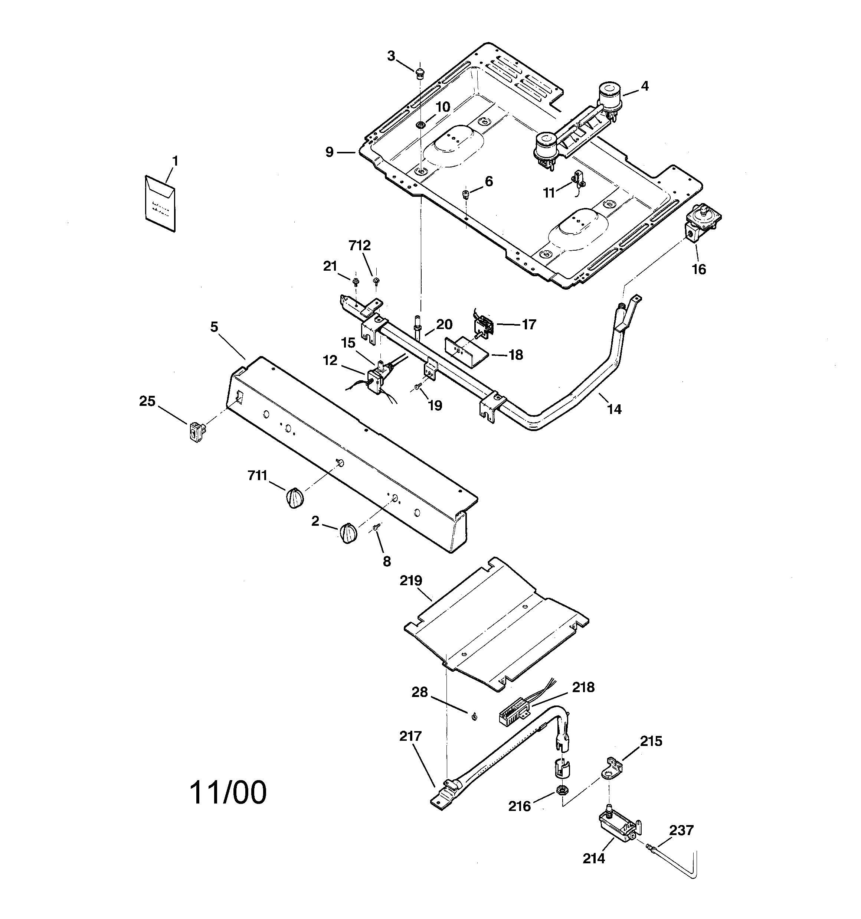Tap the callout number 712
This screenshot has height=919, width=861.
360,246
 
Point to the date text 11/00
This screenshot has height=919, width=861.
228,792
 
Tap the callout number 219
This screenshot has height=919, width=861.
411,581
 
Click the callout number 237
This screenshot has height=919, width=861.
681,831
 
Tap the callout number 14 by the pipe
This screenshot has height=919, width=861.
614,409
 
